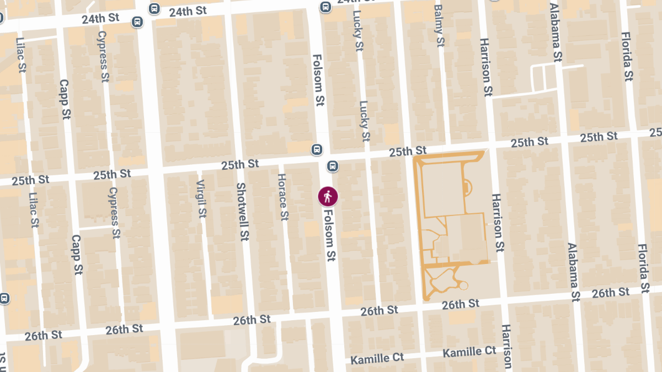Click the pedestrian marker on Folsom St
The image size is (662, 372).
328,196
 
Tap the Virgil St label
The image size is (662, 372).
201,198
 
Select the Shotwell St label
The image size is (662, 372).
241,212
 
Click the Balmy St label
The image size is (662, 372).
439,26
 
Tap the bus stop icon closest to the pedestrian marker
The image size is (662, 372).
333,166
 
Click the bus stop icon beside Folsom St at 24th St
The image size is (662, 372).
325,7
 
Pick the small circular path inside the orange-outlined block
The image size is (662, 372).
463,285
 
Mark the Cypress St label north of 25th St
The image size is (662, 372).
103,56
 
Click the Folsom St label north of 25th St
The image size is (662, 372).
318,79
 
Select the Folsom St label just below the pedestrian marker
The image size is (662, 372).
330,235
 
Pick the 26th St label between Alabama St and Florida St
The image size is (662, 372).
610,293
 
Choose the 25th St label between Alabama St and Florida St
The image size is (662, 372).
599,137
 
